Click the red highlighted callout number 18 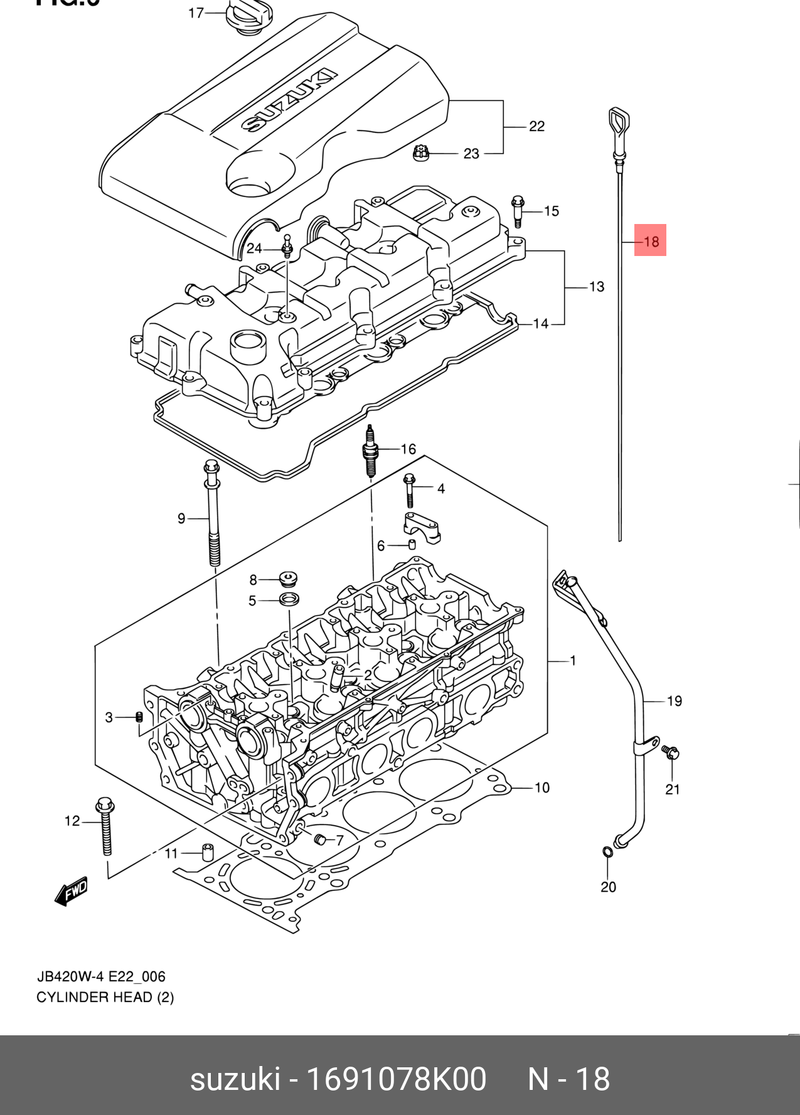tap(650, 241)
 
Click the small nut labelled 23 tap(421, 152)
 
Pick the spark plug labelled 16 tap(371, 451)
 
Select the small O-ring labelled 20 tap(607, 851)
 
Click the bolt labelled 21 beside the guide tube tap(670, 752)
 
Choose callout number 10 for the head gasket tap(541, 787)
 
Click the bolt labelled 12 tap(105, 825)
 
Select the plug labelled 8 tap(288, 579)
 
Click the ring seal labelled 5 tap(289, 599)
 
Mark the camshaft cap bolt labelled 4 tap(410, 489)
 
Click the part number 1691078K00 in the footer tap(395, 1080)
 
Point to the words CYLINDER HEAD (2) tap(105, 997)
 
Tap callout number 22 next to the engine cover tap(536, 126)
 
